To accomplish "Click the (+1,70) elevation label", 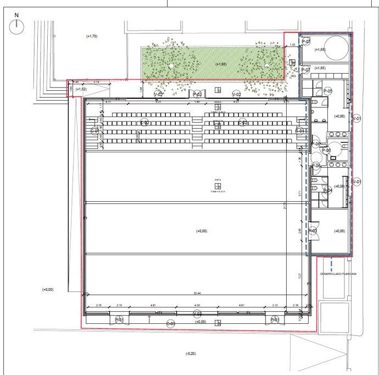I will (x=92, y=36).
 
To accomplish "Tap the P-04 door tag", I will (x=328, y=191).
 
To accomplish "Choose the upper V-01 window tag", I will (x=357, y=118).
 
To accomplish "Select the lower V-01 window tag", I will (x=357, y=181).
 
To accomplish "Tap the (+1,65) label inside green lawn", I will (x=221, y=64).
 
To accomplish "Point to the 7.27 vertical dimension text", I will (x=300, y=274).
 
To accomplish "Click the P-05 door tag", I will (x=328, y=91).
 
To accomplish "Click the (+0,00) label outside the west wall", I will (x=48, y=289).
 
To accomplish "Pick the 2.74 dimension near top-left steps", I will (x=97, y=82).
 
